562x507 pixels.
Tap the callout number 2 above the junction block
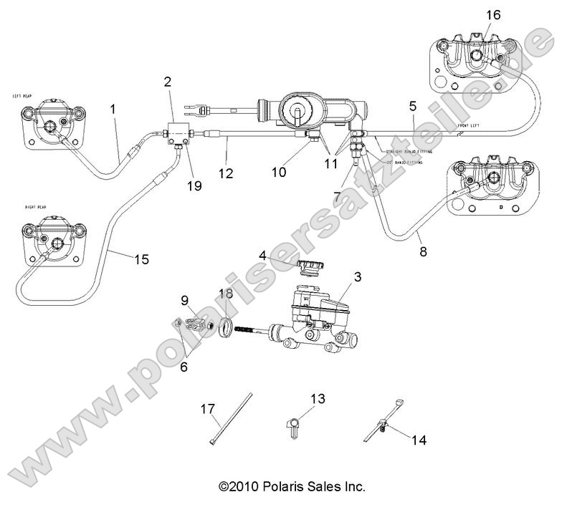[167, 82]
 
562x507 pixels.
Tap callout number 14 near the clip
[419, 440]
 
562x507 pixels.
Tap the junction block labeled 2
[176, 132]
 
